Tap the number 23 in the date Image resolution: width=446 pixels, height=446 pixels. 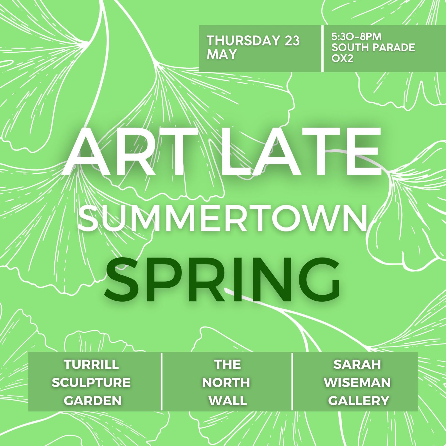292,41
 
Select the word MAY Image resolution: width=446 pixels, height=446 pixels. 222,54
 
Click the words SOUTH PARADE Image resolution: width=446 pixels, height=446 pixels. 373,48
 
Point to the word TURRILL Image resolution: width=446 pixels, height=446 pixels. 91,364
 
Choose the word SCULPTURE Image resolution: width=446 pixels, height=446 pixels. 91,382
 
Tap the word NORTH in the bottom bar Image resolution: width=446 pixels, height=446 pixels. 226,382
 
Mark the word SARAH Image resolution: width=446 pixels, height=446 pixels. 357,364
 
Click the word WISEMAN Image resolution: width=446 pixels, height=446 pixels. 357,382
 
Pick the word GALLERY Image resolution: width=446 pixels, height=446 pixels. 358,401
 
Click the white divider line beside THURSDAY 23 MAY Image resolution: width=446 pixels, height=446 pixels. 323,49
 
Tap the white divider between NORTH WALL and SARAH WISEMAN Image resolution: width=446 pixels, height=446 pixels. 292,381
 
